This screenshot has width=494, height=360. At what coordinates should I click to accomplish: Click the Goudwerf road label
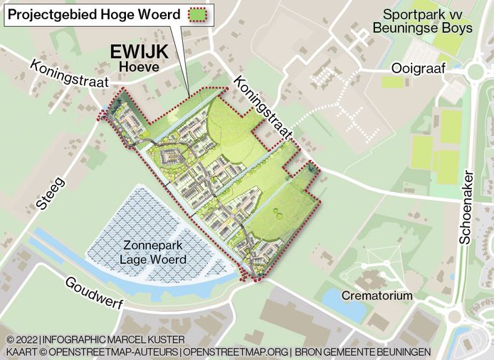coord(94,292)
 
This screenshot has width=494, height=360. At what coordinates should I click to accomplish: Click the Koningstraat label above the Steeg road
coord(70,73)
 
